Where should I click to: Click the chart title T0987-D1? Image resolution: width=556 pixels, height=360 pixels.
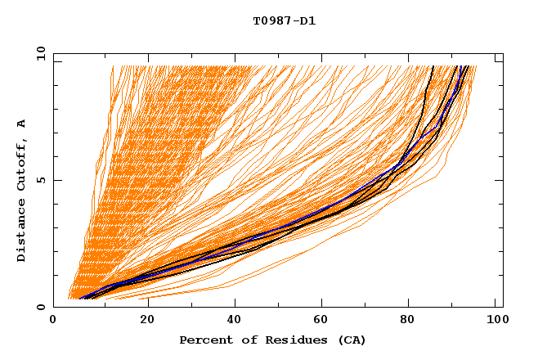(x=284, y=21)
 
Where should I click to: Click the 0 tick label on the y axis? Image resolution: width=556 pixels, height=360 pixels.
(x=40, y=307)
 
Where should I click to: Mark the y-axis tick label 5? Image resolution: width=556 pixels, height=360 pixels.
(x=40, y=180)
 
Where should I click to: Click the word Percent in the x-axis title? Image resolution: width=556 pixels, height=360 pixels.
(x=204, y=340)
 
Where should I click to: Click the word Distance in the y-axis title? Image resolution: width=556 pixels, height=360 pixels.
(x=21, y=233)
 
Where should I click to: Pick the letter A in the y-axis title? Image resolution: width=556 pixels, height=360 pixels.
(x=21, y=123)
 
